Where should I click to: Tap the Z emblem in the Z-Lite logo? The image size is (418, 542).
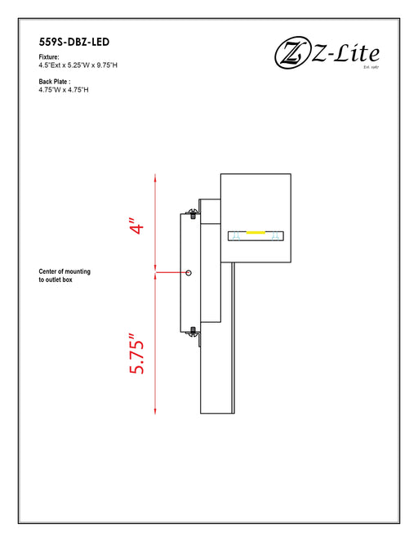[289, 56]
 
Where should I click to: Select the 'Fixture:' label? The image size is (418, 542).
[49, 56]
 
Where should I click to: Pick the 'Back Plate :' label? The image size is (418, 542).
[55, 82]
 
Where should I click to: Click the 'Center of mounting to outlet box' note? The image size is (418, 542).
[64, 275]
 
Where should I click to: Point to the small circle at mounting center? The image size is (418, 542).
[189, 272]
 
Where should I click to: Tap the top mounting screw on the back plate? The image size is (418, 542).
[193, 214]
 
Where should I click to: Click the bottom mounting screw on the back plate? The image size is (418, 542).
[193, 331]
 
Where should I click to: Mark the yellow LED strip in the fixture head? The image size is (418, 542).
[256, 234]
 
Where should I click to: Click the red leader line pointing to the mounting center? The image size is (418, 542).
[171, 272]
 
